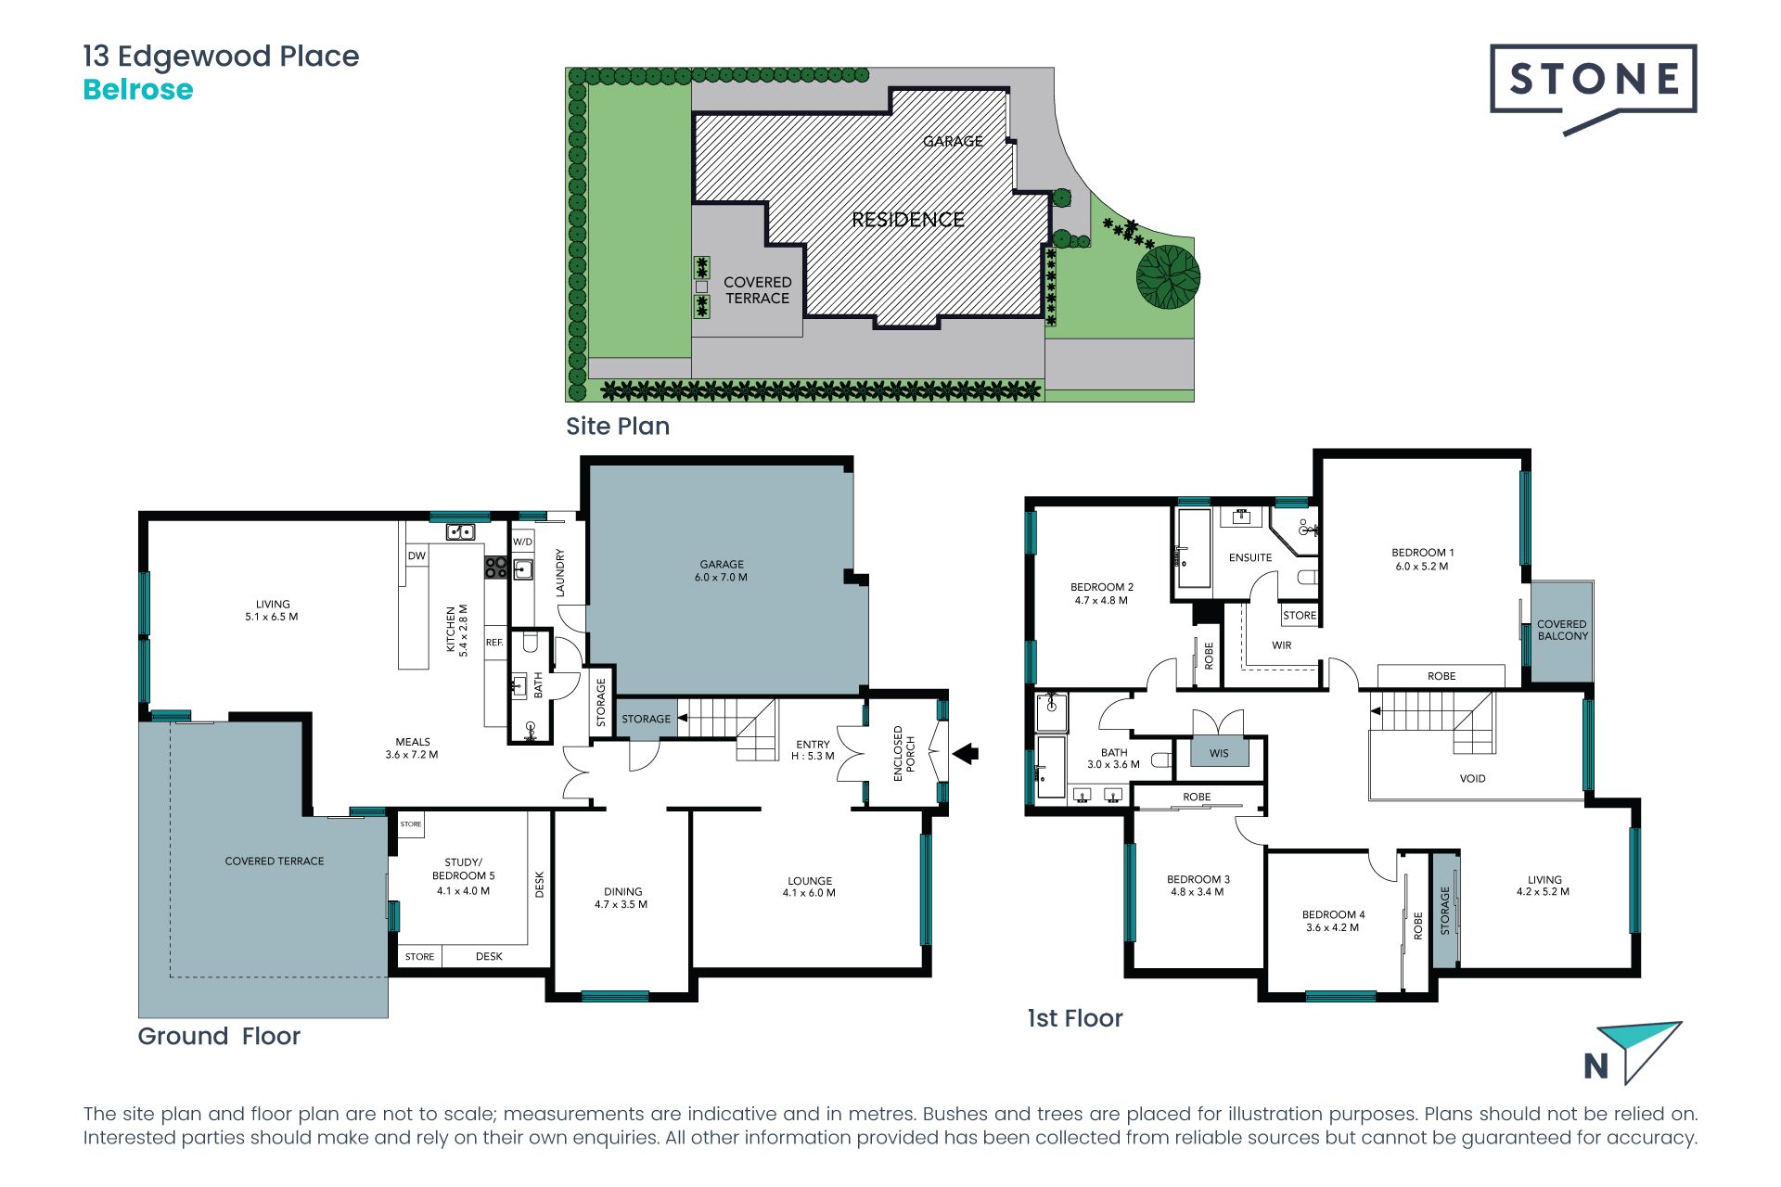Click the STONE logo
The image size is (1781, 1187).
point(1593,89)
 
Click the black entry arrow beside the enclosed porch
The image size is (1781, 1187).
point(966,753)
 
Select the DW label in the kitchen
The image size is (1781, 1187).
point(416,556)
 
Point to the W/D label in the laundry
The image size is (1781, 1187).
point(523,542)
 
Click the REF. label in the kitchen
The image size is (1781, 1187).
point(494,642)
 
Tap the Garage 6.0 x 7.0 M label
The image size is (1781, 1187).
point(722,570)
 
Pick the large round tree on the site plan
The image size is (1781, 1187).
point(1169,276)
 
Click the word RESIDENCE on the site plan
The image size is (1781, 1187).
point(908,220)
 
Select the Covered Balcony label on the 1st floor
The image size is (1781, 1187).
point(1562,630)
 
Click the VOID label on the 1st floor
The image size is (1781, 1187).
point(1472,779)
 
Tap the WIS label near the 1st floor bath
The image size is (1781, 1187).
point(1219,753)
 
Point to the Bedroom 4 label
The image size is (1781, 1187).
point(1333,921)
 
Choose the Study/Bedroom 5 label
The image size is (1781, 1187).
point(463,876)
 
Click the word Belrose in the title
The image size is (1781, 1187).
point(138,90)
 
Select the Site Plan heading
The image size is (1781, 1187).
point(618,427)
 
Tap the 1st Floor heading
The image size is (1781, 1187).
point(1075,1018)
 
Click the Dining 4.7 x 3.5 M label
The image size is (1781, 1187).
point(621,898)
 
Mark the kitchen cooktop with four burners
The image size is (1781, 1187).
point(496,568)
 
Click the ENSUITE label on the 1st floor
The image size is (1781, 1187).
point(1250,557)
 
